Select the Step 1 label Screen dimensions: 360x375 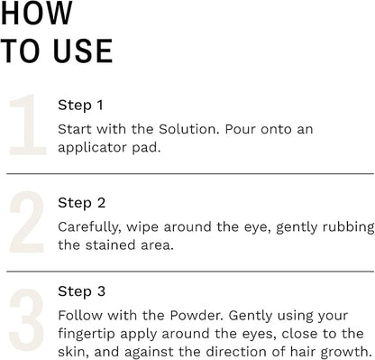[x=80, y=105]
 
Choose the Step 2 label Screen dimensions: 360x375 [x=81, y=203]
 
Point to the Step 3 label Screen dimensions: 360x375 [x=81, y=293]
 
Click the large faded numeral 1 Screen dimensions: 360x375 [x=25, y=125]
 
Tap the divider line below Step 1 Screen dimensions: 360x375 [x=189, y=173]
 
